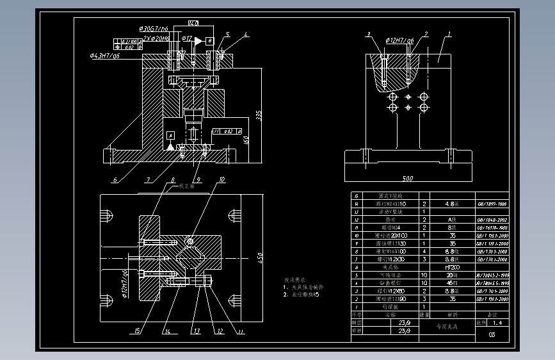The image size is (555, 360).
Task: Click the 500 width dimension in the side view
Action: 408,178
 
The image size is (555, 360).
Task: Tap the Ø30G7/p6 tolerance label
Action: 154,29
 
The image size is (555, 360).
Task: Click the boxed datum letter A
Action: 171,136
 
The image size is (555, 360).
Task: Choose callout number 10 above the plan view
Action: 222,180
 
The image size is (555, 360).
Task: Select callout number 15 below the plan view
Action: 136,331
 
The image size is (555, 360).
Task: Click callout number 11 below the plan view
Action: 241,331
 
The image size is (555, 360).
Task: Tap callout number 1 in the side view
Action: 450,33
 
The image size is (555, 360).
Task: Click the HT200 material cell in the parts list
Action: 451,267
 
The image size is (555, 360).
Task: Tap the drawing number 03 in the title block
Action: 492,334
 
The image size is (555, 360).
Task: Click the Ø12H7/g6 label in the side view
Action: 399,41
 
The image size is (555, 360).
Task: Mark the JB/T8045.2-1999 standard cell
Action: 491,275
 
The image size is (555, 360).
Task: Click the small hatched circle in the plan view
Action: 190,241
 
